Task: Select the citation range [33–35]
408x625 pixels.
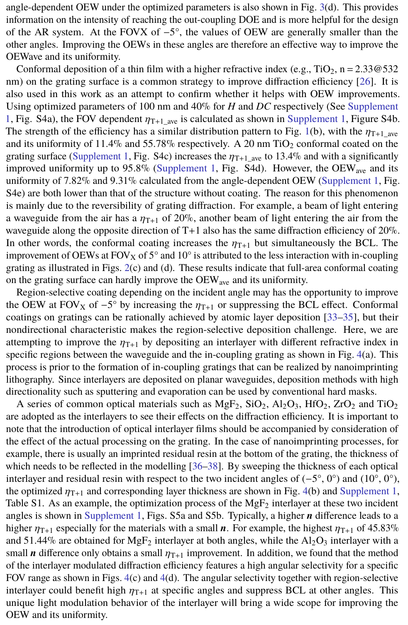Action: (340, 317)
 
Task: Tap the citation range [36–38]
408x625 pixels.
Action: (206, 466)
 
